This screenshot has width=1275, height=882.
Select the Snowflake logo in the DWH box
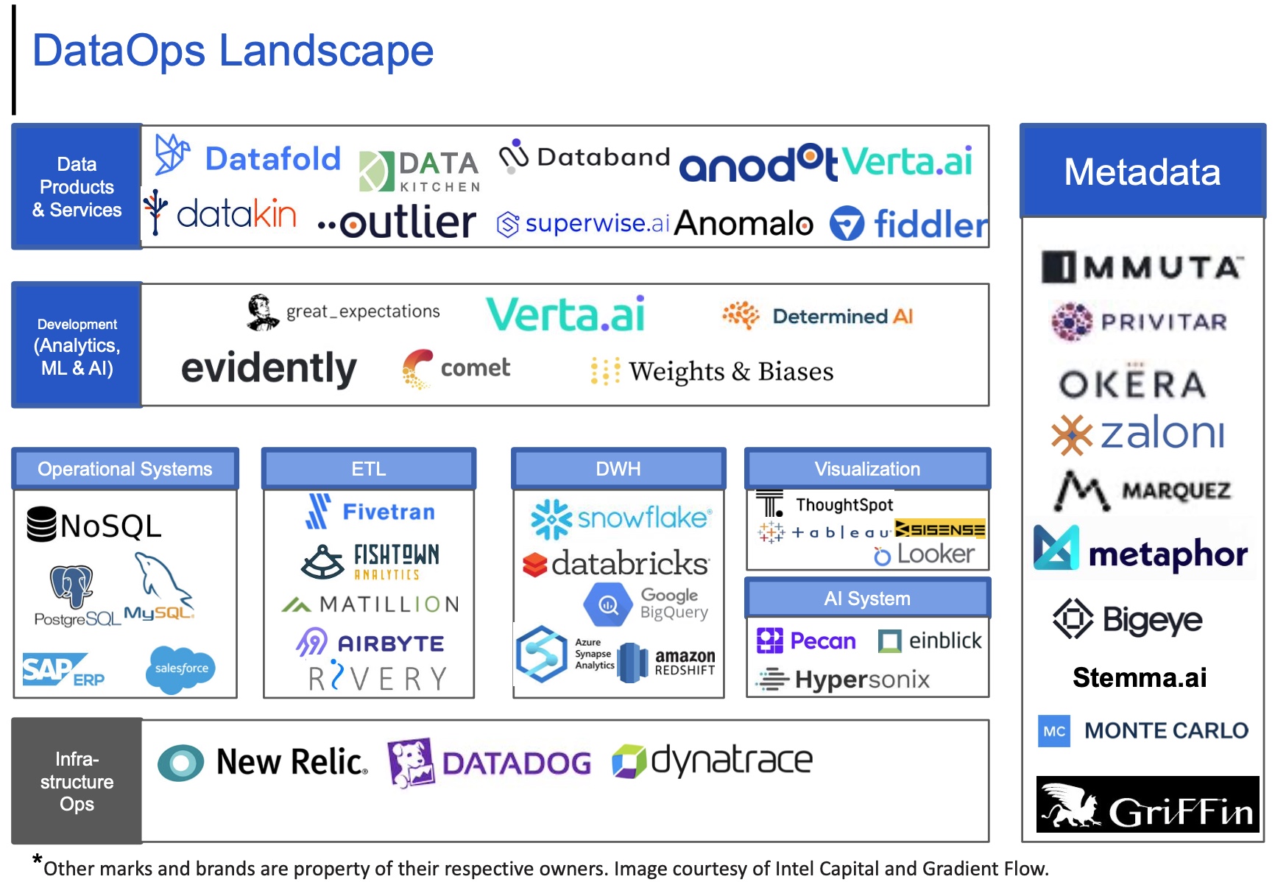[x=621, y=518]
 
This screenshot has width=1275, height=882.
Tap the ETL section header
[x=368, y=469]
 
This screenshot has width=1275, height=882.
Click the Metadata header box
[x=1142, y=172]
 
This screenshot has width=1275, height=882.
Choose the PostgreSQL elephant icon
[x=71, y=587]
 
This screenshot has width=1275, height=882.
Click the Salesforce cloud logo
[x=181, y=668]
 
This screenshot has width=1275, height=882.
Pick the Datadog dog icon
[x=411, y=761]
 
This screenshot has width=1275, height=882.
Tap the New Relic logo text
[x=292, y=762]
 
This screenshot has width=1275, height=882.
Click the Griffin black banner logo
[x=1147, y=805]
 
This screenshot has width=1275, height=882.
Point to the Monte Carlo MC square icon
[x=1054, y=731]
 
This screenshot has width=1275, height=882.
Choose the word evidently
[x=269, y=368]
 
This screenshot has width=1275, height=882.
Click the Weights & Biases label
[x=730, y=372]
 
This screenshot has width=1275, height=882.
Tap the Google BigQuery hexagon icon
[x=608, y=605]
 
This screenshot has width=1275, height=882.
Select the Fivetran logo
[x=370, y=512]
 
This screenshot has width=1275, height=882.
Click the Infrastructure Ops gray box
[x=77, y=780]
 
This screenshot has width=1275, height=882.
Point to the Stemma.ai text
[x=1140, y=677]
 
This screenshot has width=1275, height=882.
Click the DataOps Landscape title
[x=233, y=51]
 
